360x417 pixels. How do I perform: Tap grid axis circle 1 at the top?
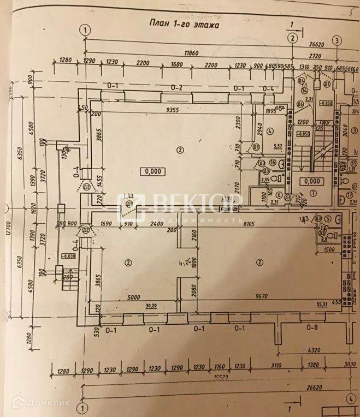pos(85,30)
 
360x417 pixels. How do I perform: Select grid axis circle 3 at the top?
pos(337,40)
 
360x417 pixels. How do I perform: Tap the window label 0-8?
pos(312,327)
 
